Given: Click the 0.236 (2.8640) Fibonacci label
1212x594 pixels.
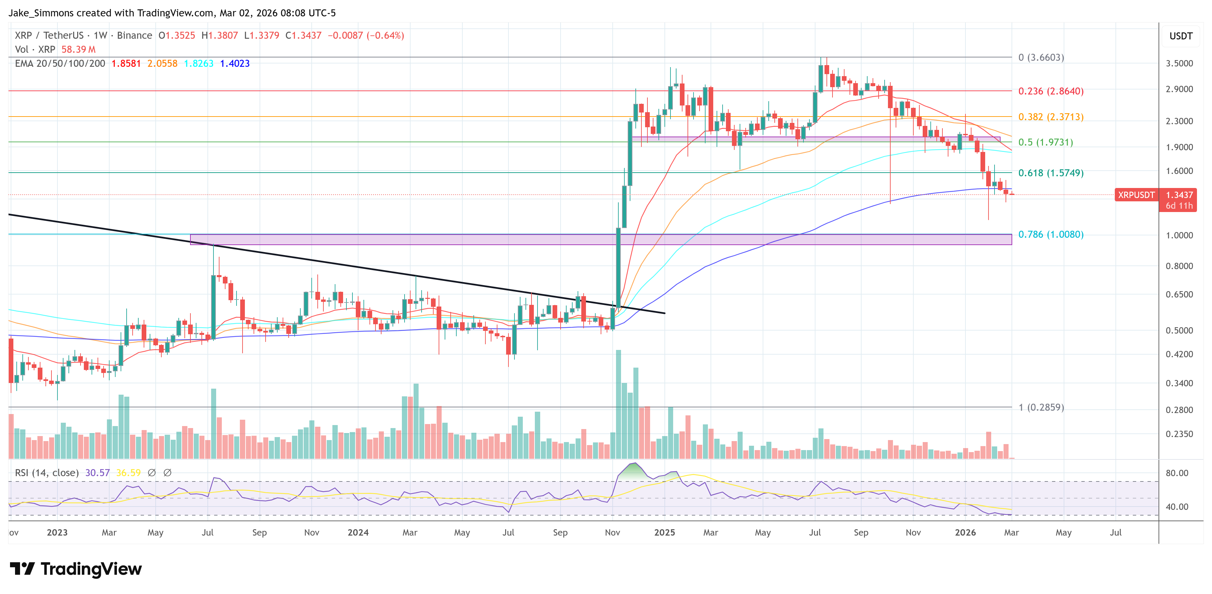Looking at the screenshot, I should pyautogui.click(x=1051, y=91).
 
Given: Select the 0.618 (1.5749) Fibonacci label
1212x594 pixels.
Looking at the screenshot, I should pyautogui.click(x=1051, y=173).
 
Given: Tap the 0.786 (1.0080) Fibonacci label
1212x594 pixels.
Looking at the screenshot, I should pyautogui.click(x=1051, y=234).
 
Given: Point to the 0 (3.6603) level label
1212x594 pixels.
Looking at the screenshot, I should pyautogui.click(x=1041, y=57).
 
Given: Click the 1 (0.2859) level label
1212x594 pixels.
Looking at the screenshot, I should pyautogui.click(x=1041, y=407).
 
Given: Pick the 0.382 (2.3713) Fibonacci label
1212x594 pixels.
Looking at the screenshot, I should pyautogui.click(x=1051, y=117).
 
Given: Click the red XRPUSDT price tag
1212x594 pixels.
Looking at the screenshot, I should pyautogui.click(x=1136, y=195).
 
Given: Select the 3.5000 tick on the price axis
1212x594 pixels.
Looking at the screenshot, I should pyautogui.click(x=1179, y=63).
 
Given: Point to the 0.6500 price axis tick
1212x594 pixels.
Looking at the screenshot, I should pyautogui.click(x=1179, y=294).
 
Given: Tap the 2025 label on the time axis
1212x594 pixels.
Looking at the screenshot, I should pyautogui.click(x=664, y=532).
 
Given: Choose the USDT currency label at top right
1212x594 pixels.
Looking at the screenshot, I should pyautogui.click(x=1181, y=36).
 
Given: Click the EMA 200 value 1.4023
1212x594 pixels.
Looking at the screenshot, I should pyautogui.click(x=235, y=63).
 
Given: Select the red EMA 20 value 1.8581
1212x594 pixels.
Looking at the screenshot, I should pyautogui.click(x=126, y=63).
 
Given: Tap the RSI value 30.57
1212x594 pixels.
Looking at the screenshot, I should pyautogui.click(x=97, y=473).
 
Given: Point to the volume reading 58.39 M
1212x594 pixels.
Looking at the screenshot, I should pyautogui.click(x=78, y=49).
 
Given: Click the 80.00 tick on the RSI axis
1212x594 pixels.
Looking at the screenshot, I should pyautogui.click(x=1177, y=473).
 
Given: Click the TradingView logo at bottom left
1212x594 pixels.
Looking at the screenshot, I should pyautogui.click(x=75, y=569).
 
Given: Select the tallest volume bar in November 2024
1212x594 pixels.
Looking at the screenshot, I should pyautogui.click(x=618, y=404).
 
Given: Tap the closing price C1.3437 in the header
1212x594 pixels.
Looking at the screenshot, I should pyautogui.click(x=303, y=36).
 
